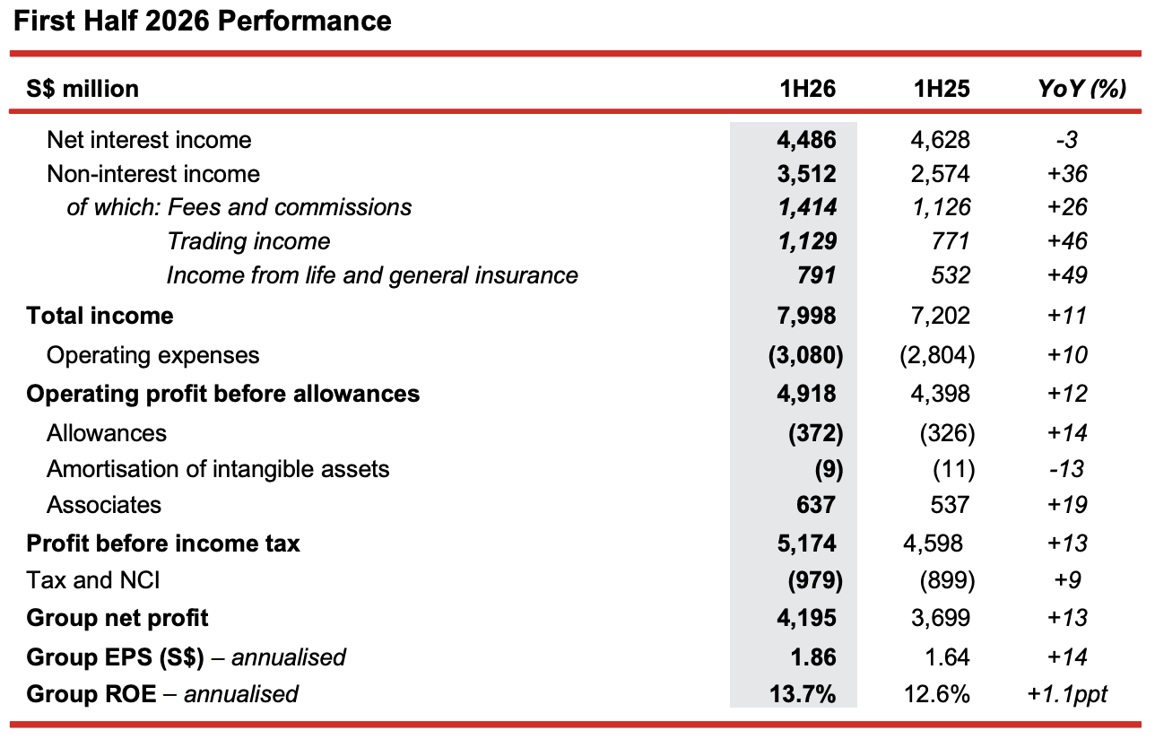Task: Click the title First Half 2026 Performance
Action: point(202,22)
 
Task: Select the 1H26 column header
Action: point(807,89)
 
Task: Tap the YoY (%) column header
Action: point(1081,89)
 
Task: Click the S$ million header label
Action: point(82,89)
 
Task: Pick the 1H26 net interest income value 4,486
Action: point(806,140)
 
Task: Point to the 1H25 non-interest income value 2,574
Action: point(940,174)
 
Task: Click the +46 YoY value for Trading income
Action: point(1067,241)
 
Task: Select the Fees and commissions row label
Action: point(290,207)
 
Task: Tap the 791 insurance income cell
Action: point(817,275)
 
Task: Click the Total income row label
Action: point(100,316)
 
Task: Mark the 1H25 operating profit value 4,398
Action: point(940,394)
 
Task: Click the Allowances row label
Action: point(107,433)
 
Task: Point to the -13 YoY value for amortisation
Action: point(1066,469)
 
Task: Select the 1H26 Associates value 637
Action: point(816,505)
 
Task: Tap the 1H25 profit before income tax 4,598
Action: point(933,543)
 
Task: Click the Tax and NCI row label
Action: point(93,580)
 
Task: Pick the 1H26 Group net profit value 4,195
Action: point(806,618)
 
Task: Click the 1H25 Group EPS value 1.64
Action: point(948,657)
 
